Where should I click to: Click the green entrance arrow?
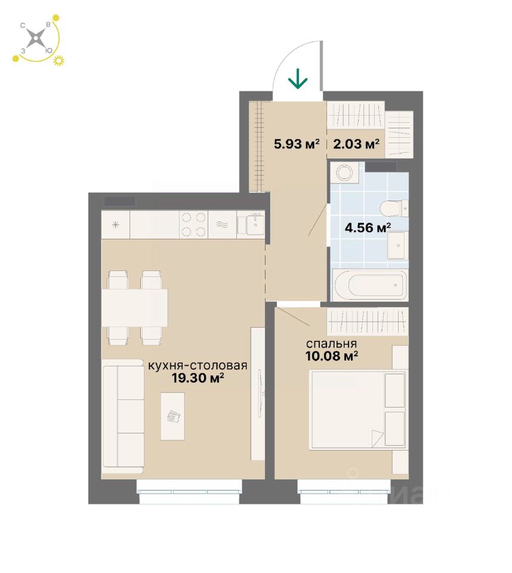[298, 79]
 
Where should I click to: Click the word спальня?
[331, 344]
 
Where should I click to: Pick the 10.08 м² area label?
[331, 356]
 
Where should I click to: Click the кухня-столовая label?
[198, 366]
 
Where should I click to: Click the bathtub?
[370, 285]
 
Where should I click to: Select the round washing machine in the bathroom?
[344, 174]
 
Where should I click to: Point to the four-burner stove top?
[194, 225]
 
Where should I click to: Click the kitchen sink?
[251, 225]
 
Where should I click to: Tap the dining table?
[134, 307]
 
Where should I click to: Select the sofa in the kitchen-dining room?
[122, 415]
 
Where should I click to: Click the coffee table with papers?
[172, 416]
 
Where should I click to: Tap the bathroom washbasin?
[396, 245]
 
